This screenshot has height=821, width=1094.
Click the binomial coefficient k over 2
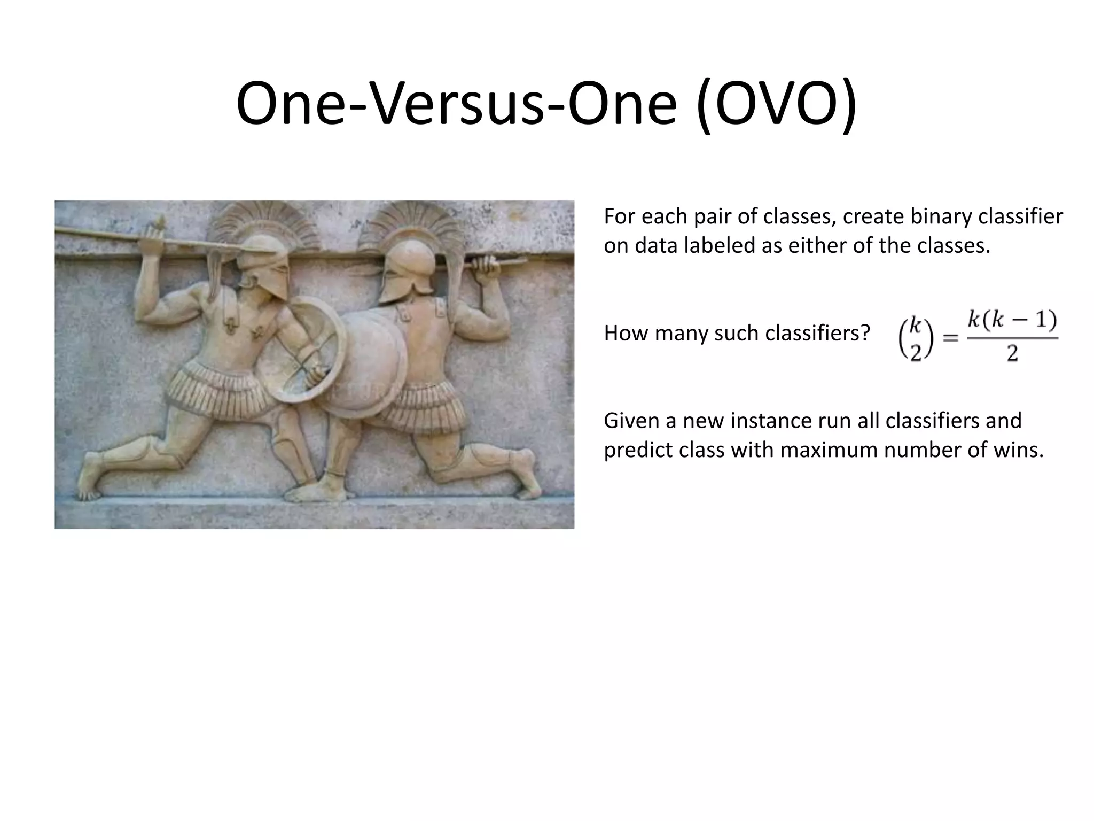(916, 338)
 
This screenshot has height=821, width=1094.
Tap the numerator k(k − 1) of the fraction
(1012, 320)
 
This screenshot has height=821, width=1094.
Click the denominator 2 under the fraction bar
(1012, 353)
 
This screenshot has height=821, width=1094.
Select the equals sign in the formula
(950, 338)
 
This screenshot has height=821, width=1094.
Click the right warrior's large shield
(369, 363)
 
